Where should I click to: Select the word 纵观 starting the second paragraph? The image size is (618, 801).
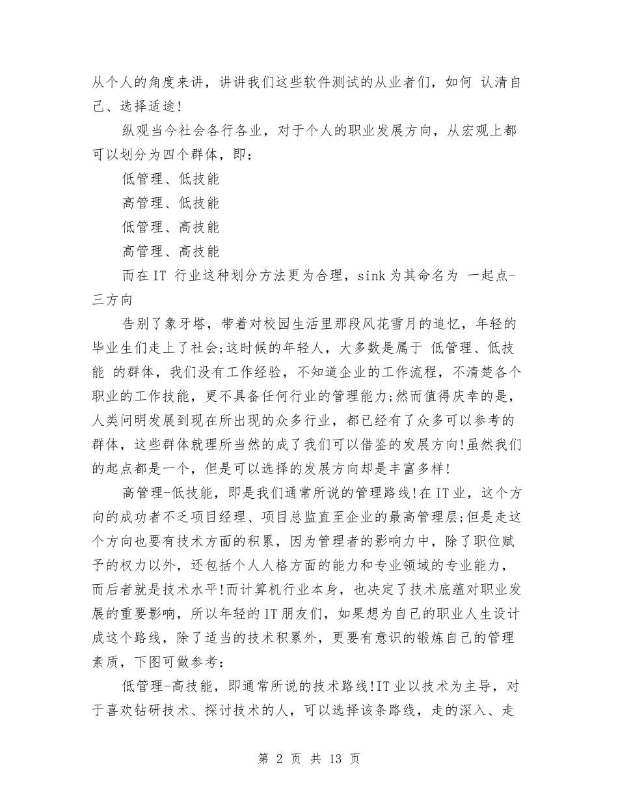coord(136,130)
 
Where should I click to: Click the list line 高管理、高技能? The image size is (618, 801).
coord(170,251)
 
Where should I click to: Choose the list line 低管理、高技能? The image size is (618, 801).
coord(170,227)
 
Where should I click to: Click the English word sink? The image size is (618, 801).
coord(373,275)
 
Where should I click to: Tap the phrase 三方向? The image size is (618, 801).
coord(114,300)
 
